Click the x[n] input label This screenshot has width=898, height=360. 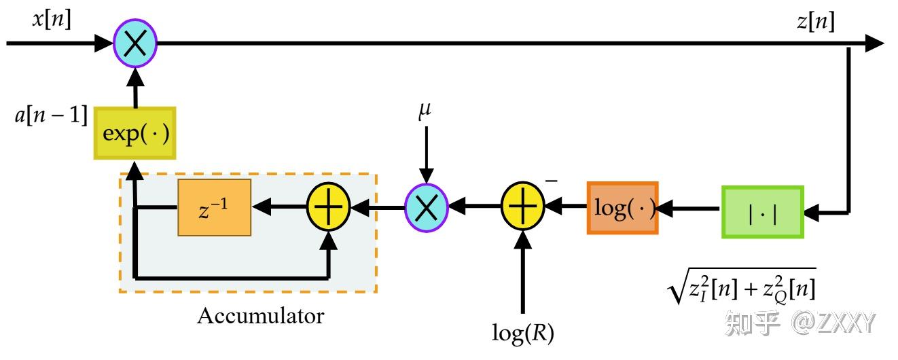(52, 20)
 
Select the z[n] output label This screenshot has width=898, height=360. (816, 22)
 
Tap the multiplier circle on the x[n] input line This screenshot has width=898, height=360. (135, 44)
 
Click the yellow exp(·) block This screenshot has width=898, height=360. (134, 132)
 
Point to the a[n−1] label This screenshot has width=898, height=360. (51, 115)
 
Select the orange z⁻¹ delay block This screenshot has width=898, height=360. (214, 207)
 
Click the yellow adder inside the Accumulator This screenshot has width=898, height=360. (328, 206)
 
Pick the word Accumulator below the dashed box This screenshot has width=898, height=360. (260, 316)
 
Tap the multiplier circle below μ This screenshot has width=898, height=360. (426, 206)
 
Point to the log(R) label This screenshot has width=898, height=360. (522, 333)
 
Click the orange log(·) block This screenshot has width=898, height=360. (622, 208)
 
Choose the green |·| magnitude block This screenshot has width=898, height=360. (762, 212)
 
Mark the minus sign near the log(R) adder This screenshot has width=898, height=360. (552, 181)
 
